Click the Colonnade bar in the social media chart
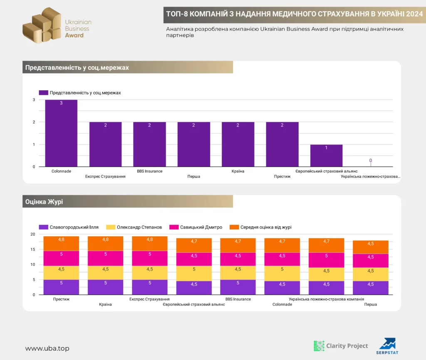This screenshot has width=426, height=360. pos(61,133)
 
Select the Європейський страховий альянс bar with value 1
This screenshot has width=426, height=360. pos(326,155)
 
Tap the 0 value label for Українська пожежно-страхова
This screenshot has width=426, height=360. pos(370,160)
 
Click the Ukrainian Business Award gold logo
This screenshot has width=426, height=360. pos(42,25)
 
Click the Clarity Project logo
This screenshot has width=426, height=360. pos(341,346)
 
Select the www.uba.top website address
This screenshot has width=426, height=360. pos(47,348)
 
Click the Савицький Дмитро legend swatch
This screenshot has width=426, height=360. pos(174,227)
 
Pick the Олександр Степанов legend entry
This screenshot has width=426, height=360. pos(134,227)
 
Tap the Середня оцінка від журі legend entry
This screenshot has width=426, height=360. pos(260,227)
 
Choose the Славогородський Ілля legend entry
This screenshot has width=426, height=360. pos(69,227)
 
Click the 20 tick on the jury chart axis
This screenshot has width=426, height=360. pos(33,234)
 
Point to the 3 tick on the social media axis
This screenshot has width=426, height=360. pos(34,100)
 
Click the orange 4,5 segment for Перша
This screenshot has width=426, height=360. pos(371,247)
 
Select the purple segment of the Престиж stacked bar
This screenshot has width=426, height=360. pos(61,287)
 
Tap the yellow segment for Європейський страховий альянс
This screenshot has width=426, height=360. pos(194,274)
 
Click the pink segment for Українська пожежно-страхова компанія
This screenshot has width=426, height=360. pos(326,260)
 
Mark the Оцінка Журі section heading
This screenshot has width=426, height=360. pos(44,202)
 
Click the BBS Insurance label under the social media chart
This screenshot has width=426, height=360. pos(150,171)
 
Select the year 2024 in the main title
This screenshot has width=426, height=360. pos(415,14)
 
